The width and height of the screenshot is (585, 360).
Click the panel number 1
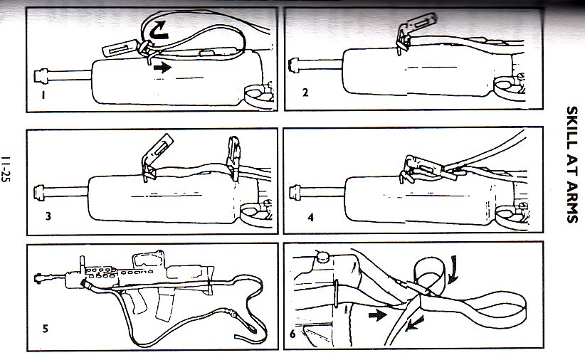pyautogui.click(x=43, y=95)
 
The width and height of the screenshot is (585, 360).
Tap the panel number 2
pyautogui.click(x=305, y=92)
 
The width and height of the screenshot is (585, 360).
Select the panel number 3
pyautogui.click(x=48, y=216)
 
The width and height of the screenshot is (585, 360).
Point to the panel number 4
pyautogui.click(x=311, y=217)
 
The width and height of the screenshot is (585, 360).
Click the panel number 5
pyautogui.click(x=46, y=329)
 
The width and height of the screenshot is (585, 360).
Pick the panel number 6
pyautogui.click(x=292, y=334)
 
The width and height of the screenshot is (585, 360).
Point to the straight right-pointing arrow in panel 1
pyautogui.click(x=162, y=68)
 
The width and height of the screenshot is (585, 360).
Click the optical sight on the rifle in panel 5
pyautogui.click(x=148, y=260)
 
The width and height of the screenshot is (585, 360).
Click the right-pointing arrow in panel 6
pyautogui.click(x=378, y=315)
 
